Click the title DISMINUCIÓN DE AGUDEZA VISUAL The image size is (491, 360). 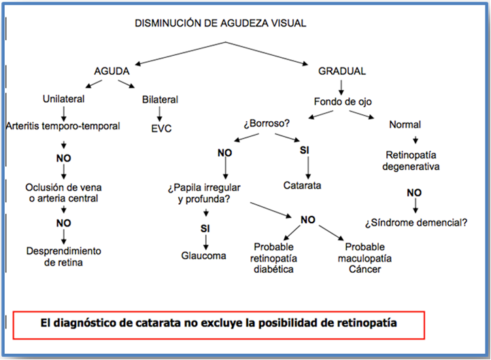coord(220,23)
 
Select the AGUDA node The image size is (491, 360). coord(112,71)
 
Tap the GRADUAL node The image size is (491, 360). coord(342,71)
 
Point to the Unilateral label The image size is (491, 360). coord(63,99)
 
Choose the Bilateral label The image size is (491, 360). coord(160,99)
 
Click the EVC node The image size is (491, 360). coord(161,129)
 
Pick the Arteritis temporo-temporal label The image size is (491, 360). coord(63,126)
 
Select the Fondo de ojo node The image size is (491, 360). coord(343,102)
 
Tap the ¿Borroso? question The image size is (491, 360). coord(267,123)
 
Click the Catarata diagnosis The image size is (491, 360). coord(302,186)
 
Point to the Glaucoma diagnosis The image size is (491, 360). coord(203,256)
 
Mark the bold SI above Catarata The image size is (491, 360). coord(305,150)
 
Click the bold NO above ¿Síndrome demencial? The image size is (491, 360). coord(414,193)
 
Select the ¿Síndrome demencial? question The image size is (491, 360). coord(416,223)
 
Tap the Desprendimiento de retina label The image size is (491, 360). coord(63,257)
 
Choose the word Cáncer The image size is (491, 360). coord(365,269)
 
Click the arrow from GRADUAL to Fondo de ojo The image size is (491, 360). coord(341,88)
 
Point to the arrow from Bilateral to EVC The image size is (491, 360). coord(160,114)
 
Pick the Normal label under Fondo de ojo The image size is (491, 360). coord(405,125)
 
